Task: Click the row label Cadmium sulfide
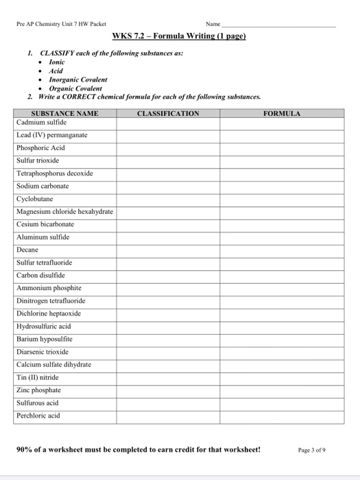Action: [x=42, y=122]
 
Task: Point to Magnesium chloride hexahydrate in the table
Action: [x=65, y=211]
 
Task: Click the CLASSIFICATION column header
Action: [x=168, y=113]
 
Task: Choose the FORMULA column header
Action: [x=282, y=113]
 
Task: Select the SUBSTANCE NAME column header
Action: [x=65, y=113]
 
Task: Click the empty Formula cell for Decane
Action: [x=282, y=250]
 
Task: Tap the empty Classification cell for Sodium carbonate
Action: [x=168, y=186]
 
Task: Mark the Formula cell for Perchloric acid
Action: [x=282, y=416]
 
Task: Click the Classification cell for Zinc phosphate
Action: [x=168, y=390]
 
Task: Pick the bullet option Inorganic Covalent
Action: [x=77, y=80]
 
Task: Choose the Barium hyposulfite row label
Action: [x=44, y=339]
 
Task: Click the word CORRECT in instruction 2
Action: [x=78, y=97]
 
